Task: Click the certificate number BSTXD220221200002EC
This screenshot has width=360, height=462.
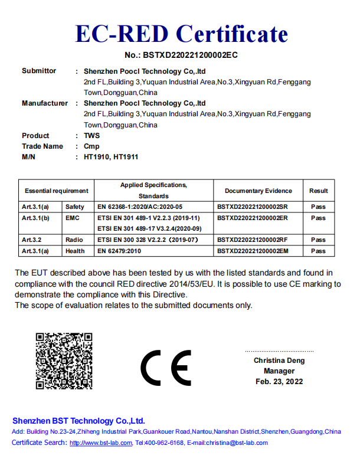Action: (x=181, y=55)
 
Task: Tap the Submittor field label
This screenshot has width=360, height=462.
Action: (x=39, y=71)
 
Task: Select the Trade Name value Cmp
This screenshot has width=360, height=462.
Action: (x=91, y=146)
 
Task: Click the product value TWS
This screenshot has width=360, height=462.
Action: (x=91, y=136)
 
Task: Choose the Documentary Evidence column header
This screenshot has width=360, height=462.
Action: (x=258, y=191)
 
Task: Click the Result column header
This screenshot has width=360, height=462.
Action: (x=318, y=191)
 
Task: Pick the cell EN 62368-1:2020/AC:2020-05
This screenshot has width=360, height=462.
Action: (x=140, y=207)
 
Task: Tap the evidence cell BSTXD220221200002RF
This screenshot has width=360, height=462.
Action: (x=253, y=240)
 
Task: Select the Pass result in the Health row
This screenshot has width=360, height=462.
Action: (x=318, y=251)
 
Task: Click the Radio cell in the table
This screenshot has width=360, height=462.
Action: (x=74, y=240)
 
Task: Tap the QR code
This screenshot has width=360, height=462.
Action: (x=64, y=361)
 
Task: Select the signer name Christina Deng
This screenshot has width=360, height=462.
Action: (x=279, y=360)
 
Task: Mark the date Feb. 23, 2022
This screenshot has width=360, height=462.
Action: (x=279, y=382)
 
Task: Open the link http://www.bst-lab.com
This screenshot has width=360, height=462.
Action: (x=100, y=443)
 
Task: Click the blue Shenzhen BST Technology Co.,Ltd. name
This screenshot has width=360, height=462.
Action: (x=78, y=421)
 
